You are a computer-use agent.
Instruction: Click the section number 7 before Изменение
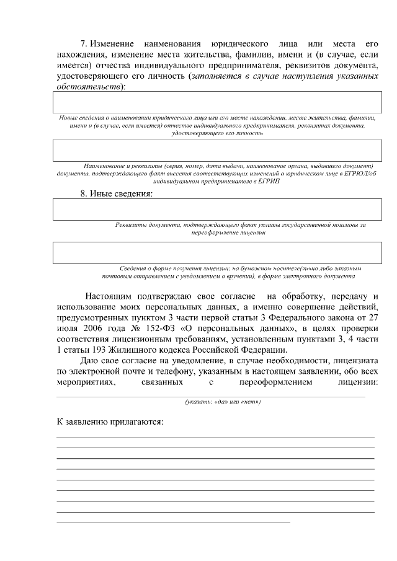(x=85, y=44)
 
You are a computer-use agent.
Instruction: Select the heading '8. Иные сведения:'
(x=116, y=193)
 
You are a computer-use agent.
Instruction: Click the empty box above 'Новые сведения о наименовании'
(x=217, y=103)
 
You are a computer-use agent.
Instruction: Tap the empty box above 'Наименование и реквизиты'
(x=217, y=151)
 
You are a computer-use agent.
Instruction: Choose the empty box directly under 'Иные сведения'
(x=217, y=210)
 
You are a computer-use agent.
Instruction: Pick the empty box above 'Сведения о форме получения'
(x=217, y=253)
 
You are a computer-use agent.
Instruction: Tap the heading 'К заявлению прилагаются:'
(x=110, y=422)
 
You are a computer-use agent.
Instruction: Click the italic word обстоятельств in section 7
(x=89, y=86)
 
